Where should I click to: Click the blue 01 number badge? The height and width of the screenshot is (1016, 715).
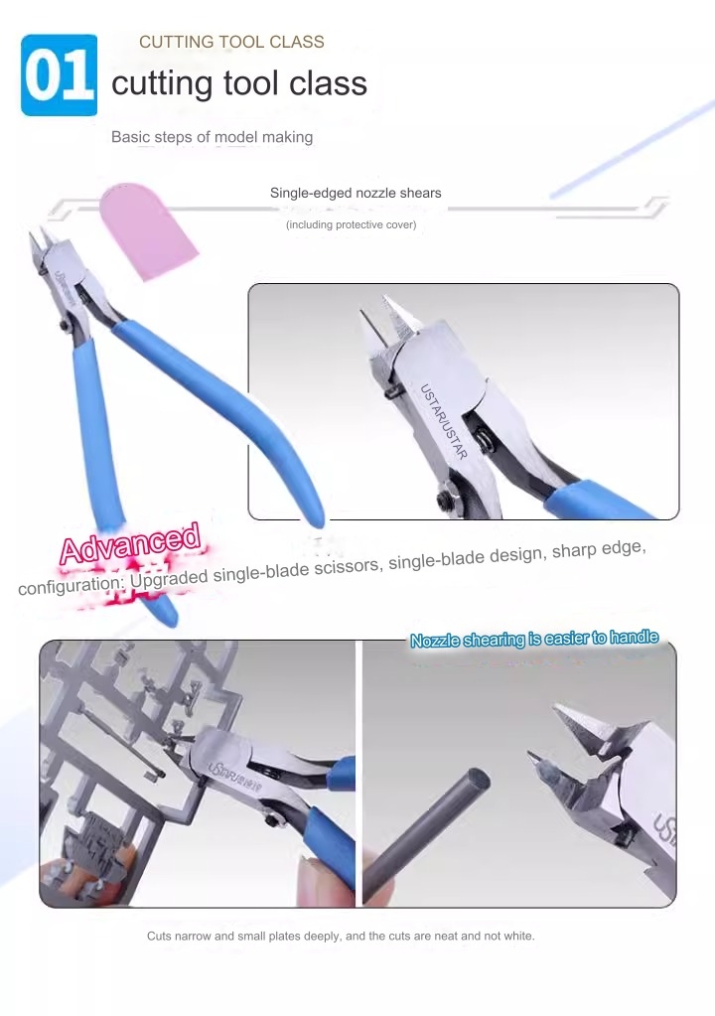pyautogui.click(x=59, y=75)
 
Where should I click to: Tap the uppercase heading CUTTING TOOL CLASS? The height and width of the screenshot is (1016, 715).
pyautogui.click(x=231, y=42)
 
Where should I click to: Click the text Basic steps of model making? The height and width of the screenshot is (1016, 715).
pyautogui.click(x=212, y=137)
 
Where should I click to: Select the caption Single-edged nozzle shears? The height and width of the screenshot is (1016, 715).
pyautogui.click(x=356, y=193)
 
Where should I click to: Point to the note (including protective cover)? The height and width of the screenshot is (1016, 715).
pyautogui.click(x=351, y=224)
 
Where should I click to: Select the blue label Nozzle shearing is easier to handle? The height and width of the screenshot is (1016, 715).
pyautogui.click(x=534, y=639)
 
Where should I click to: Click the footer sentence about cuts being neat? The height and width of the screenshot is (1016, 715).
pyautogui.click(x=341, y=936)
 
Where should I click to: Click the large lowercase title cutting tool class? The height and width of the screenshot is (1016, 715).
pyautogui.click(x=239, y=82)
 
